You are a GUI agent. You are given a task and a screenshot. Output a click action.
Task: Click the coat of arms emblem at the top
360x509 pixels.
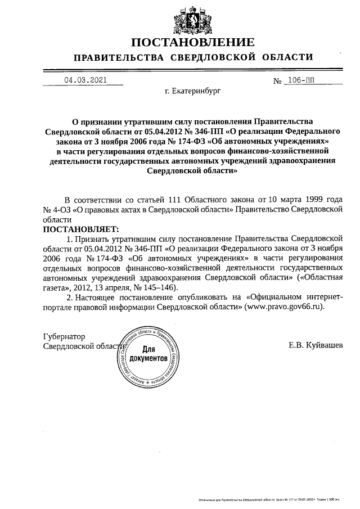tap(186, 18)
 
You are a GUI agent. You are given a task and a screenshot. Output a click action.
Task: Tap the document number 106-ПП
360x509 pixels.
tap(301, 80)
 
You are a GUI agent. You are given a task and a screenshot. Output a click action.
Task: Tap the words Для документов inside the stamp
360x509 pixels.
tap(148, 353)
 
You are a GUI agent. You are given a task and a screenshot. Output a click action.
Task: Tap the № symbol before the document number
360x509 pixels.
tap(277, 82)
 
